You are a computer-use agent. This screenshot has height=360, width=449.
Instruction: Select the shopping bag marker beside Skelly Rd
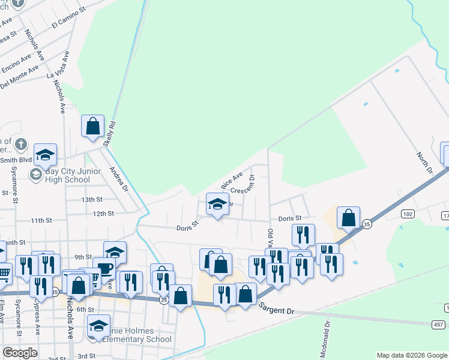(92, 127)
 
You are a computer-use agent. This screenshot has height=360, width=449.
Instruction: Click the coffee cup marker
(106, 268)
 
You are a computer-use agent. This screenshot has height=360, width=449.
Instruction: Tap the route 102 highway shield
(408, 214)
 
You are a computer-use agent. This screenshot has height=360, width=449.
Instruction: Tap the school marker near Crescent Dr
(218, 203)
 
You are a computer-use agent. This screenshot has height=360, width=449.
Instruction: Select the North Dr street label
(425, 163)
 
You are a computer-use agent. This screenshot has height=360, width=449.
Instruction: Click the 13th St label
(92, 199)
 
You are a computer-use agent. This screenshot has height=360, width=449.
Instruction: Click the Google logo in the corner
(20, 353)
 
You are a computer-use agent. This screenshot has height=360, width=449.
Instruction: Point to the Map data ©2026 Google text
(411, 355)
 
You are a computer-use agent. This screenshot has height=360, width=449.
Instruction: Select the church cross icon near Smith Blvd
(20, 144)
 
